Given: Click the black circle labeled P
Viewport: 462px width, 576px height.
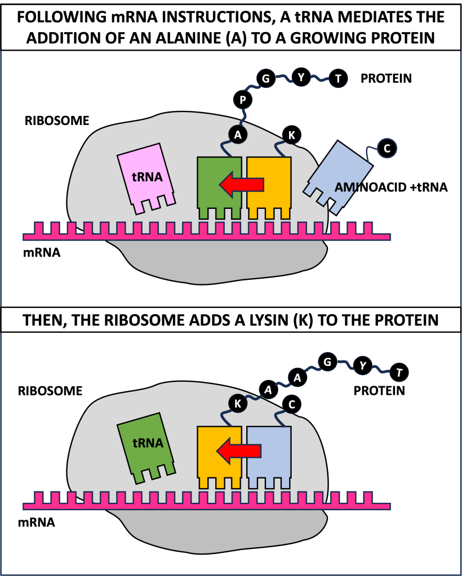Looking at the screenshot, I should pos(242,100).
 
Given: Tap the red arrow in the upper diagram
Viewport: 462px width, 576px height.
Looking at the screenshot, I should pos(241,184).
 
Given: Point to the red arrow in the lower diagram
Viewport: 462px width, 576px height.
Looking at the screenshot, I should pos(239,451).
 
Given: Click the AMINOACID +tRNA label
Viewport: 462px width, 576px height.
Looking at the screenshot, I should pos(391,187).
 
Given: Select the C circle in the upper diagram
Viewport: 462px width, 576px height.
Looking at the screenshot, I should pos(387,148).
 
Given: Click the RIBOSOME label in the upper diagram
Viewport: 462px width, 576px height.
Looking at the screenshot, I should pos(50,121).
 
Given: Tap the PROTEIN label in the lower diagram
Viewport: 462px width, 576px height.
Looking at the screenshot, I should pos(379,390).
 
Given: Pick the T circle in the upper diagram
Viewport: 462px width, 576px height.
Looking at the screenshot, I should pos(337,79).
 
